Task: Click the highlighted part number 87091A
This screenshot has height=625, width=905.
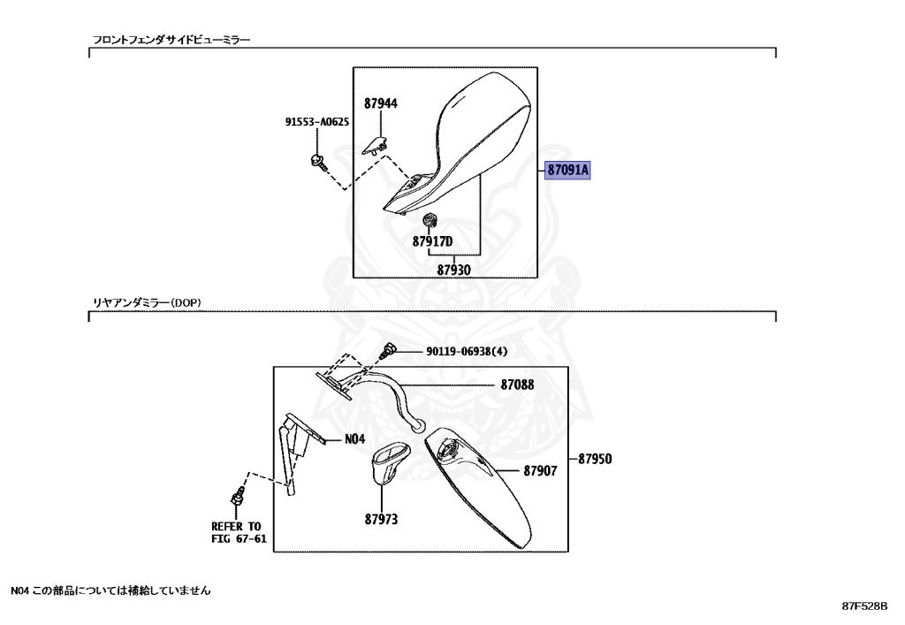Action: pos(567,171)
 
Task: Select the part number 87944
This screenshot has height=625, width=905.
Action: pos(381,103)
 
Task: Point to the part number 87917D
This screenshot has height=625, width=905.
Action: pos(432,241)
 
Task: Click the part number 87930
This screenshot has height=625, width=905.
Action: pos(453,270)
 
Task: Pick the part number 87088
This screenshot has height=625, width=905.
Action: pos(517,385)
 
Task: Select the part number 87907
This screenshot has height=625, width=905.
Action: pos(540,471)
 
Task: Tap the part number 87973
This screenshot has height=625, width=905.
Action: pos(381,519)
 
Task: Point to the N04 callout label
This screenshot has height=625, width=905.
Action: pos(354,439)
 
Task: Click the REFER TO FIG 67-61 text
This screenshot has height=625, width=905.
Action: pos(238,532)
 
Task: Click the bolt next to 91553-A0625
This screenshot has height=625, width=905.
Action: pos(318,162)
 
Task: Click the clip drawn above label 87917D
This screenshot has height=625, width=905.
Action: pos(431,220)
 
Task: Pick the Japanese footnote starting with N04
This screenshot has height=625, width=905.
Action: pos(110,590)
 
